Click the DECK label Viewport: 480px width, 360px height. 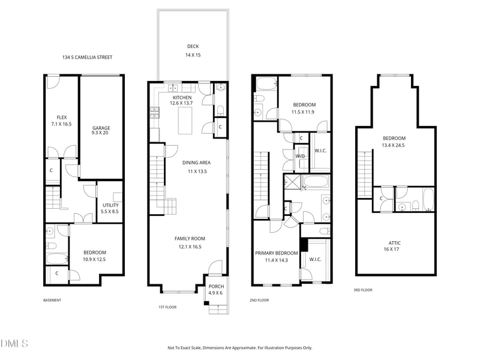[x=193, y=46]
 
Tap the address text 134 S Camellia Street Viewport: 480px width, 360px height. [x=87, y=57]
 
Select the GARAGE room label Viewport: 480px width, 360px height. [x=101, y=128]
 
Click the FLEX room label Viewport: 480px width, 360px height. [x=62, y=117]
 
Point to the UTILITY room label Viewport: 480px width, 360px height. [x=110, y=205]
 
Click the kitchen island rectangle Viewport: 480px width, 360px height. [x=185, y=121]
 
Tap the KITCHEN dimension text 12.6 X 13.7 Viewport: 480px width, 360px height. [x=181, y=103]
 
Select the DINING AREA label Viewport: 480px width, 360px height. [x=196, y=163]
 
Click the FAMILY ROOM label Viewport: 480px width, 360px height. [x=190, y=238]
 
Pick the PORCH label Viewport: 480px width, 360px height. [x=216, y=287]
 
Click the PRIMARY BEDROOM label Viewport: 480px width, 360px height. [x=277, y=253]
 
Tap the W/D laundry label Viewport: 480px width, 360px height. [x=300, y=156]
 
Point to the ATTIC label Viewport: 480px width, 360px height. [x=395, y=243]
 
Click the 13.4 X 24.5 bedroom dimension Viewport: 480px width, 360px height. [x=393, y=145]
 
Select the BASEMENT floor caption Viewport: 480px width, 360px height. [x=52, y=301]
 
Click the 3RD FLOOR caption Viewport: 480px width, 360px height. [x=363, y=290]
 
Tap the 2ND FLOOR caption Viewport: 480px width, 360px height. [x=259, y=301]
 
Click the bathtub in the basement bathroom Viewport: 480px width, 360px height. [x=57, y=259]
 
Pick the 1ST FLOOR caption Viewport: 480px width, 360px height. [x=167, y=307]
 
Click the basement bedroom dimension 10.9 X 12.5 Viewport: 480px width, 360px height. [x=94, y=259]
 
